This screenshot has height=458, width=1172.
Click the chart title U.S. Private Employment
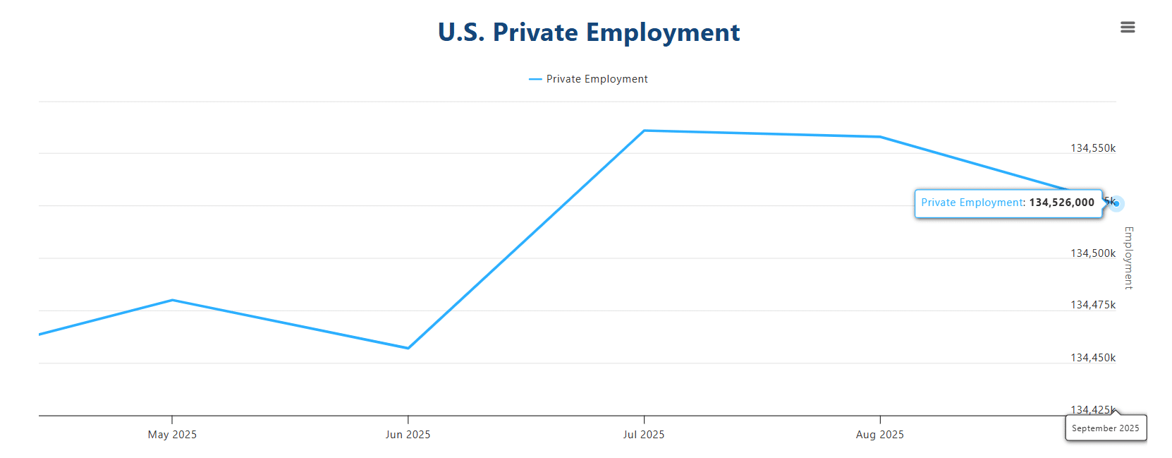(x=589, y=32)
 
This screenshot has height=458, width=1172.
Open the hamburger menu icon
(x=1128, y=28)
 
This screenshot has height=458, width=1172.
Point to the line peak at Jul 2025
(x=644, y=131)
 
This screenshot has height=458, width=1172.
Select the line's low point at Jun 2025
(x=408, y=348)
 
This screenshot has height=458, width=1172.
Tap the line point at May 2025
(x=172, y=300)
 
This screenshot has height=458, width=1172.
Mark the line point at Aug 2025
(x=880, y=137)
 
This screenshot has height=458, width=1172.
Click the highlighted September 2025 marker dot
(x=1116, y=204)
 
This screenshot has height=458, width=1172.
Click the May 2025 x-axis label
(x=172, y=435)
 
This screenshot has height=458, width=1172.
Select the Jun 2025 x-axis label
(x=408, y=435)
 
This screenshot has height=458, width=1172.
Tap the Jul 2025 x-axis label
(x=644, y=435)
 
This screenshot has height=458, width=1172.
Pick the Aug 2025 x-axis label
(x=879, y=435)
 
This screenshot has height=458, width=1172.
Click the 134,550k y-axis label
(x=1093, y=148)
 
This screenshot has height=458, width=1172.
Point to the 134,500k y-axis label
(x=1093, y=253)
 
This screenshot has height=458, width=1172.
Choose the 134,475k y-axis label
(x=1093, y=305)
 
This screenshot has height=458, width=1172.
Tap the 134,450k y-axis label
(x=1093, y=358)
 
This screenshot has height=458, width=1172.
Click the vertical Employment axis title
(x=1128, y=258)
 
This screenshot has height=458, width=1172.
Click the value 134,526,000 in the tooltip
(x=1061, y=203)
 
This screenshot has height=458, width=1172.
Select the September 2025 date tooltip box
(x=1105, y=428)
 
